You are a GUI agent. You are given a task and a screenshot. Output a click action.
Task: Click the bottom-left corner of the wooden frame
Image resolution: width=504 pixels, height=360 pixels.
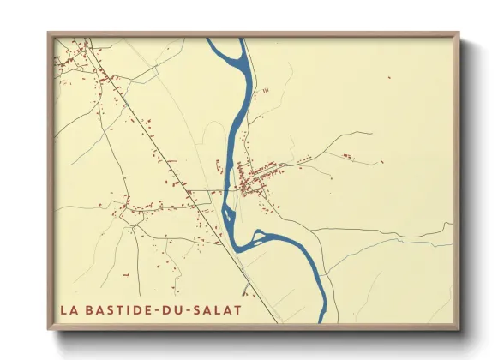(x=48, y=329)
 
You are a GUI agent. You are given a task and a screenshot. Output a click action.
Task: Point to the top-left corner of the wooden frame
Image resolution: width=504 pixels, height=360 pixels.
(x=48, y=33)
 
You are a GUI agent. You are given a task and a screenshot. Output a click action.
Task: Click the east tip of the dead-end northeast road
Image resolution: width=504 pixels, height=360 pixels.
(x=371, y=133)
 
